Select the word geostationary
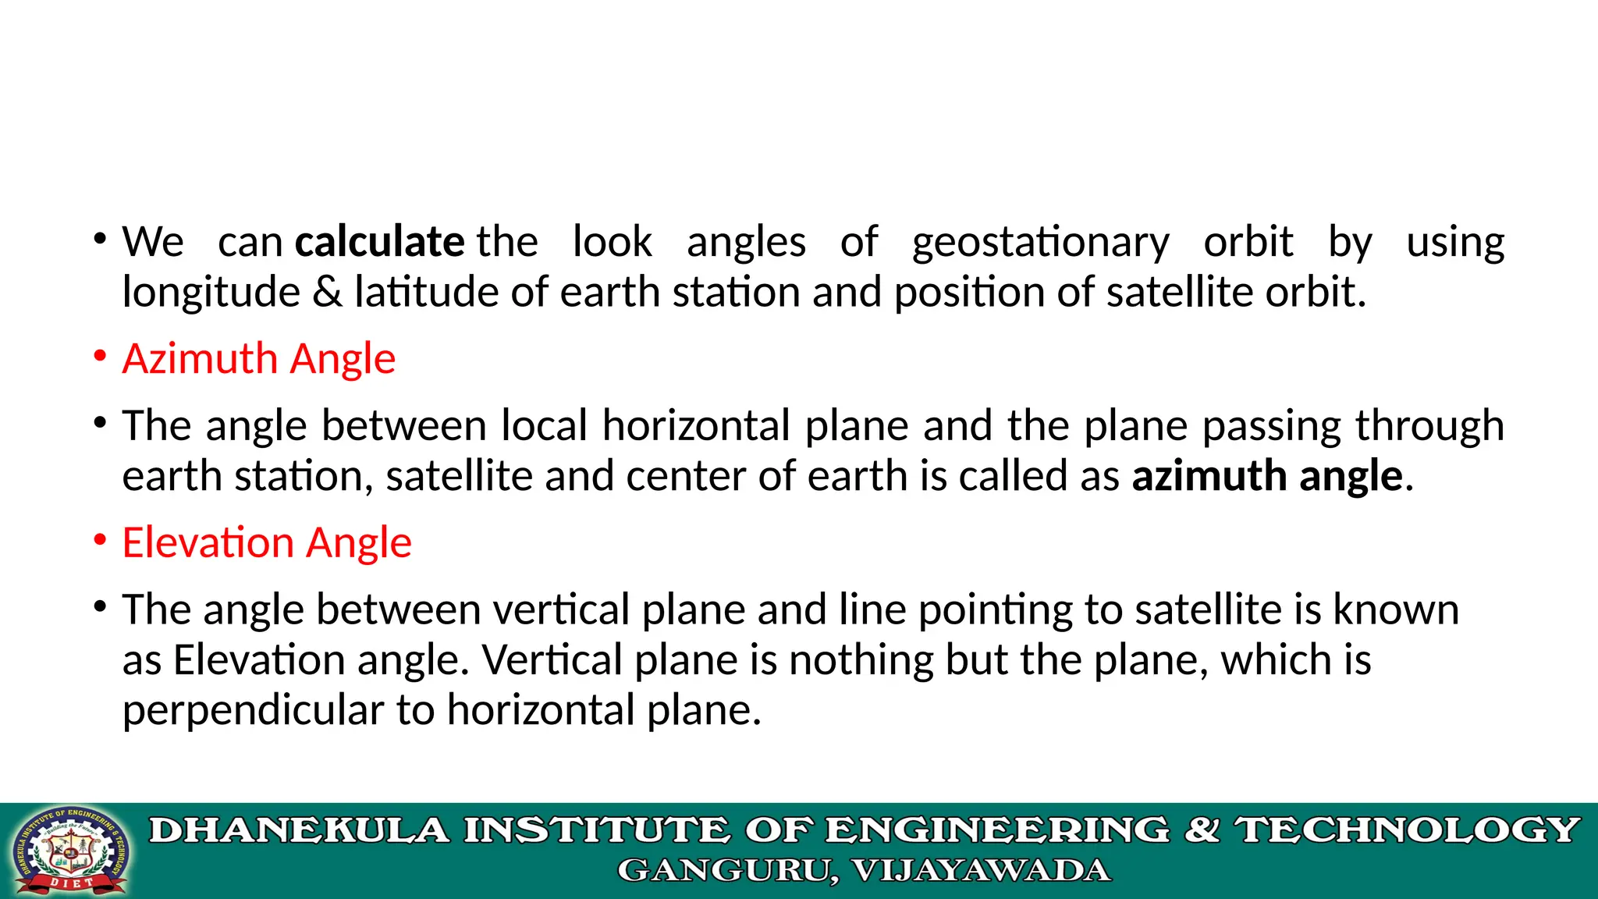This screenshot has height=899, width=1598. pyautogui.click(x=1040, y=243)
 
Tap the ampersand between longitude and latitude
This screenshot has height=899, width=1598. pyautogui.click(x=327, y=293)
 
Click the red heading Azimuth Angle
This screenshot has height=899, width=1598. pyautogui.click(x=259, y=360)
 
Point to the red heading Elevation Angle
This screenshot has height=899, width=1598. pyautogui.click(x=267, y=543)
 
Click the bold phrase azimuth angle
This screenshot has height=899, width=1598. pyautogui.click(x=1267, y=477)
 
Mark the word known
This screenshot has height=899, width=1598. pyautogui.click(x=1396, y=610)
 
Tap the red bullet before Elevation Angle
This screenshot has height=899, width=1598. pyautogui.click(x=100, y=541)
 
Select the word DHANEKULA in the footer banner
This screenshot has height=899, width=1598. pyautogui.click(x=300, y=830)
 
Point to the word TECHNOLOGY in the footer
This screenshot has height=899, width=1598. pyautogui.click(x=1407, y=830)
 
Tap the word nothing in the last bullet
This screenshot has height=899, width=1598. pyautogui.click(x=861, y=661)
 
